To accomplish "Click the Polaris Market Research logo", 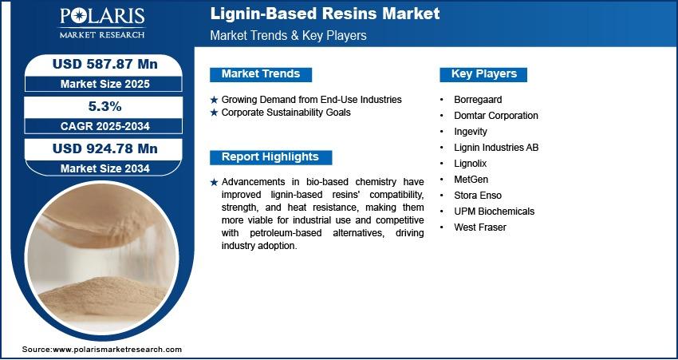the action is [x=102, y=23].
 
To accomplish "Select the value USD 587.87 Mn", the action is [x=105, y=64].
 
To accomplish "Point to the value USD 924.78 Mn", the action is [x=105, y=148].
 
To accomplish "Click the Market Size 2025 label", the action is [x=105, y=84].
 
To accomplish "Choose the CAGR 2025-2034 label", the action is [x=105, y=126].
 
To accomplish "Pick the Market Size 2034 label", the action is [x=105, y=168].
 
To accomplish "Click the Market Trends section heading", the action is [x=261, y=74].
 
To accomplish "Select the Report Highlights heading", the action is [x=270, y=157].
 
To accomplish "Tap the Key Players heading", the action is [x=484, y=74].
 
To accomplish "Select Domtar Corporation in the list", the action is [x=496, y=116].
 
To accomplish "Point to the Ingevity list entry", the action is [x=471, y=132].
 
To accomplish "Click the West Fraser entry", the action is [x=480, y=227].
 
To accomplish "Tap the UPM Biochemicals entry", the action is [x=495, y=212].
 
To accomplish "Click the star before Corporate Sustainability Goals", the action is [x=214, y=113].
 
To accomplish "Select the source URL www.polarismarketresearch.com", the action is [x=117, y=350].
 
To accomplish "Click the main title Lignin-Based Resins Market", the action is [x=325, y=14].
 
